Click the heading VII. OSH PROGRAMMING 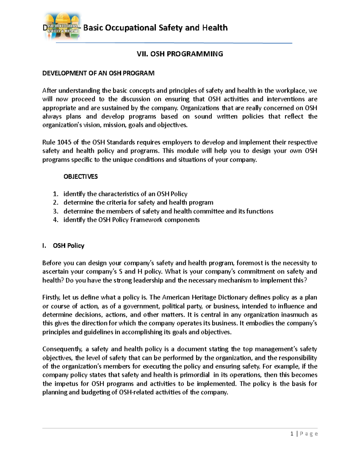coord(180,54)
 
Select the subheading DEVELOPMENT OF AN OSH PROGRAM coord(98,73)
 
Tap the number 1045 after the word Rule coord(64,142)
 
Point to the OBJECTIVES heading coord(80,176)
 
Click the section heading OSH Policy coord(68,246)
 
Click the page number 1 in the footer coord(292,434)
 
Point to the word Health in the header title coord(215,28)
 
